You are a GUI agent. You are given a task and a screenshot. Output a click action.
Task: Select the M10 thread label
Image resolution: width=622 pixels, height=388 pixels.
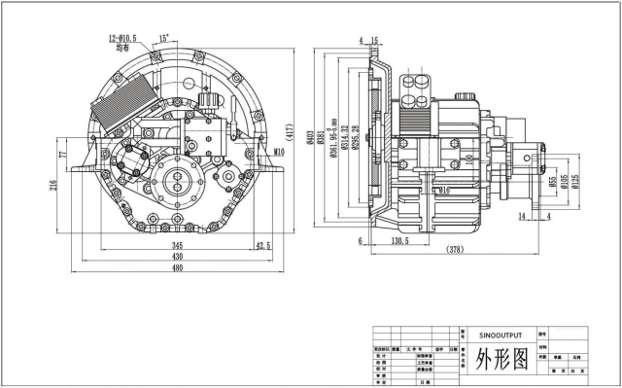pyautogui.click(x=278, y=152)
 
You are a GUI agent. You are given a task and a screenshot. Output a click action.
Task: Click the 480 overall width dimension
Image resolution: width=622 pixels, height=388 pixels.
pyautogui.click(x=177, y=268)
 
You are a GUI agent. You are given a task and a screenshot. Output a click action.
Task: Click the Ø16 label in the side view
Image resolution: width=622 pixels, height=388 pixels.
pyautogui.click(x=442, y=192)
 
